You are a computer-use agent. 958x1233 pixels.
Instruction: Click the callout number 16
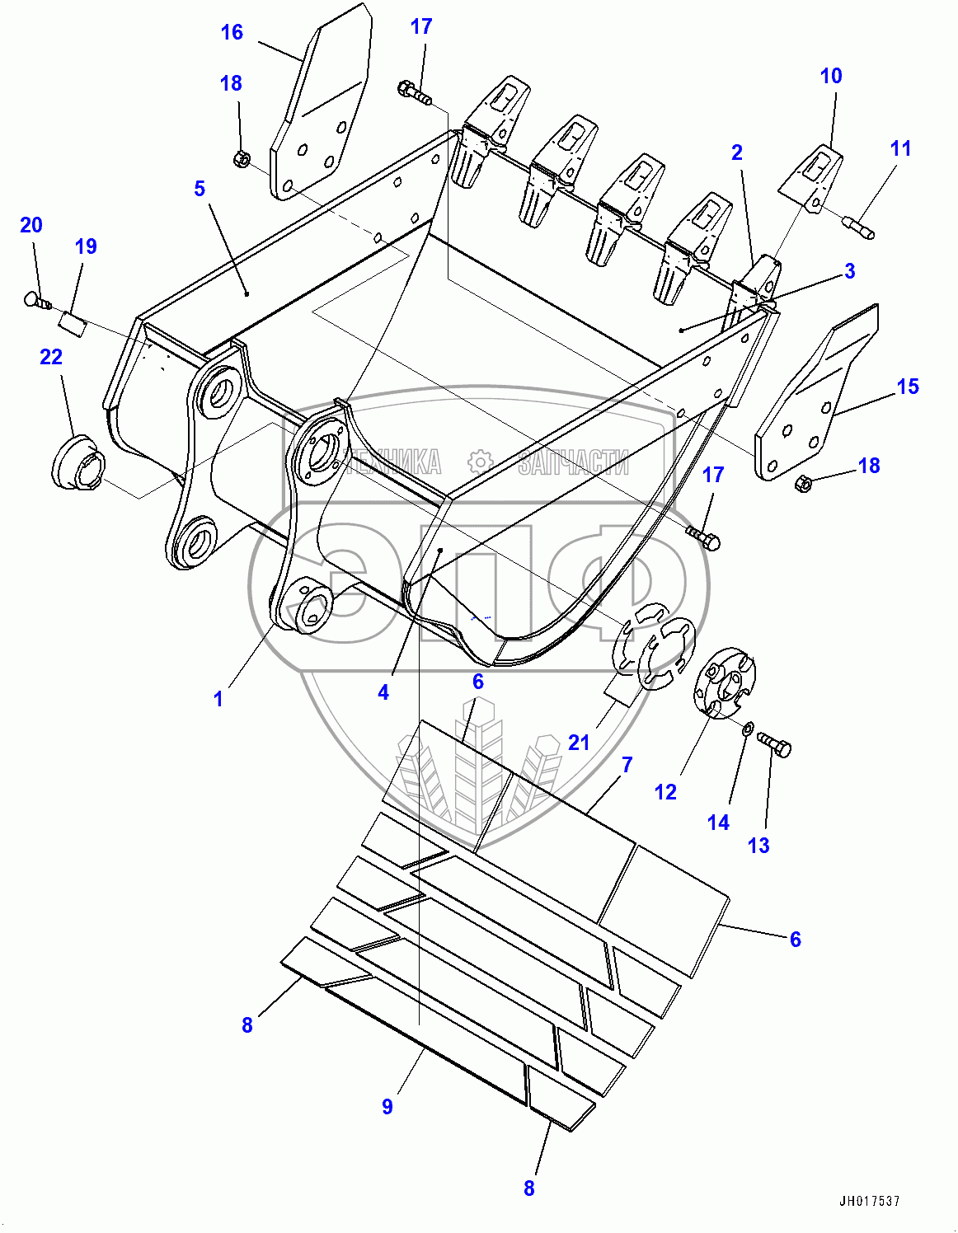coord(232,32)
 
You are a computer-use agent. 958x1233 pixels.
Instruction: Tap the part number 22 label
coord(51,357)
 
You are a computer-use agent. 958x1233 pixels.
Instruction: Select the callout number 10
coord(831,76)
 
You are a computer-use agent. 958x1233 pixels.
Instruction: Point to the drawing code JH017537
coord(870,1202)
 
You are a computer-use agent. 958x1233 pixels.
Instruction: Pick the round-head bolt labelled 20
coord(35,302)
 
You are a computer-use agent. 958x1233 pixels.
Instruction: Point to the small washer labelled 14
coord(748,729)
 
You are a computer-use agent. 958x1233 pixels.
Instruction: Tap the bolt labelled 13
coord(774,745)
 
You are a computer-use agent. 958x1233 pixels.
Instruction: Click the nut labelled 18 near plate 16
coord(242,159)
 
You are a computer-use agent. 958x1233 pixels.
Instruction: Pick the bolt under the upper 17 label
coord(415,92)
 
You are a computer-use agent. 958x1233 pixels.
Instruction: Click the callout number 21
coord(579,743)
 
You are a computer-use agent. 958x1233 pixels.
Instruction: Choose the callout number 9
coord(387,1106)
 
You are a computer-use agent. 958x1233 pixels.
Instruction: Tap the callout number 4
coord(383,692)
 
